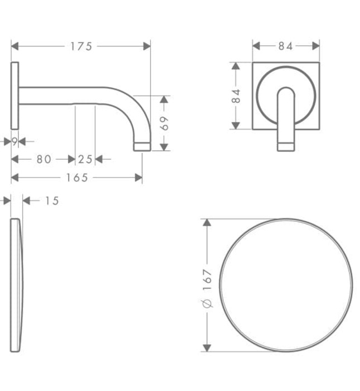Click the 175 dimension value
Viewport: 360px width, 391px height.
click(x=81, y=46)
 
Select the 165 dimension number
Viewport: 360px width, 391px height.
click(x=77, y=178)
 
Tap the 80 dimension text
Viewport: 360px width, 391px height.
click(x=44, y=160)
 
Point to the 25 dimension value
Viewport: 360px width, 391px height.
click(x=85, y=160)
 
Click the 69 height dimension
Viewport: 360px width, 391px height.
click(x=164, y=123)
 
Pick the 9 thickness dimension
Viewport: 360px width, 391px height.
click(x=15, y=142)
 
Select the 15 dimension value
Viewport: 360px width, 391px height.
click(x=51, y=201)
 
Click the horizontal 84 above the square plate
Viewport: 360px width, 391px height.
click(x=285, y=46)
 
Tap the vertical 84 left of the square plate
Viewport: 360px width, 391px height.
click(x=236, y=96)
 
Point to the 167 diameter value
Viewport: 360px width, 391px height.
click(x=207, y=279)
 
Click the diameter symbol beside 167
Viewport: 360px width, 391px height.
click(x=207, y=304)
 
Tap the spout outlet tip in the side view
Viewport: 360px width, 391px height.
click(x=143, y=146)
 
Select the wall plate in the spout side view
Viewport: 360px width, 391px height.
click(x=15, y=95)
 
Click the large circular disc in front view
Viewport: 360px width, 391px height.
click(x=285, y=285)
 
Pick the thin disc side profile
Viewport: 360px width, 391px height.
click(x=17, y=285)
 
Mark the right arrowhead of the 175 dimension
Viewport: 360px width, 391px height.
click(x=147, y=46)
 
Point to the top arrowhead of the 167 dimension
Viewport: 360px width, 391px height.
click(x=207, y=222)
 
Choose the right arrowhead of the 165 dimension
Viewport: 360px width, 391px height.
click(x=139, y=178)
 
